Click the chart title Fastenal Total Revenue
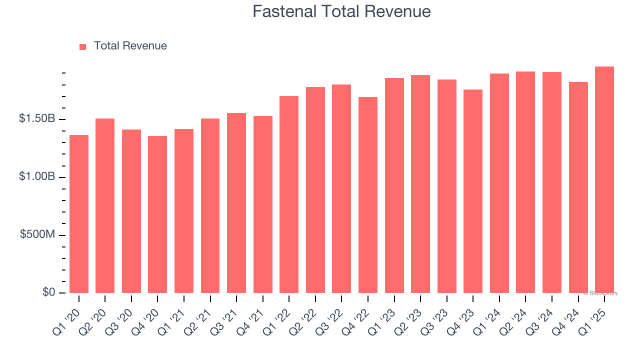[x=341, y=11]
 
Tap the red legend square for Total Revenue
[x=83, y=46]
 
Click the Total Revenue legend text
[x=130, y=46]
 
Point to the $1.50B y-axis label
[x=37, y=119]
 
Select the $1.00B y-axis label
[x=37, y=177]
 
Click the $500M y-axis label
[x=38, y=234]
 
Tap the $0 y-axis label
[x=48, y=292]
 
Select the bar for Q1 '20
[x=79, y=215]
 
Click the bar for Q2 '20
[x=105, y=206]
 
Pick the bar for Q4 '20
[x=157, y=215]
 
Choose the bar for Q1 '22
[x=289, y=195]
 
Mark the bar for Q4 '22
[x=368, y=195]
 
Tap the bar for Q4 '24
[x=578, y=187]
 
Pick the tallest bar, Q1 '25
[x=604, y=180]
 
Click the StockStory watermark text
[x=600, y=293]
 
